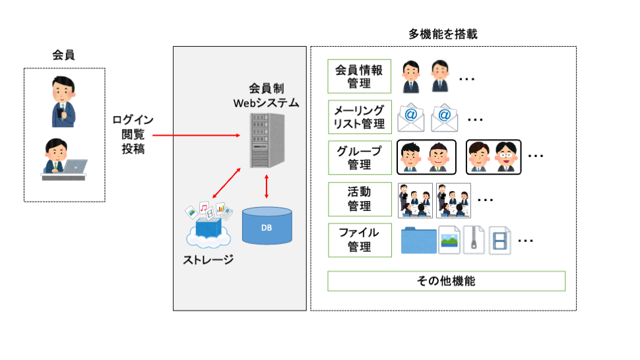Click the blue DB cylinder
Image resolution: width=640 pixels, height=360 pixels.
coord(267,226)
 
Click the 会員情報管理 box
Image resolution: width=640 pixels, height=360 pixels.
coord(359,76)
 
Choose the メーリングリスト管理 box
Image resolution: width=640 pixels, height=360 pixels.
coord(359,117)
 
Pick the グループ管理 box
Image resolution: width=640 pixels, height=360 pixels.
coord(359,157)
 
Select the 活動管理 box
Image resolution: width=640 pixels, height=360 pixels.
coord(359,198)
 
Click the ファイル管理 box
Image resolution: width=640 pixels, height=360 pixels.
coord(359,239)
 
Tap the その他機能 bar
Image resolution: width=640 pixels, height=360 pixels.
coord(446,281)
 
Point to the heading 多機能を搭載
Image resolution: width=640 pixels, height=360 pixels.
coord(443,35)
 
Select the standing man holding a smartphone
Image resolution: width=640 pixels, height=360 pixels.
coord(64,102)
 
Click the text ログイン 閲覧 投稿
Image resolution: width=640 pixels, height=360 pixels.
coord(133,135)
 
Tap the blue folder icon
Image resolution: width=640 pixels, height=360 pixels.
coord(418,241)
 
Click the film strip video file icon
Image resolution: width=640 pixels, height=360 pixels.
coord(499,240)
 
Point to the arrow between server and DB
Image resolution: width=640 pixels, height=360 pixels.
coord(266,187)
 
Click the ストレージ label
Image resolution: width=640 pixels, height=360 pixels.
coord(208,259)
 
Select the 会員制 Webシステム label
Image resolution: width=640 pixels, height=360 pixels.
coord(266,96)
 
